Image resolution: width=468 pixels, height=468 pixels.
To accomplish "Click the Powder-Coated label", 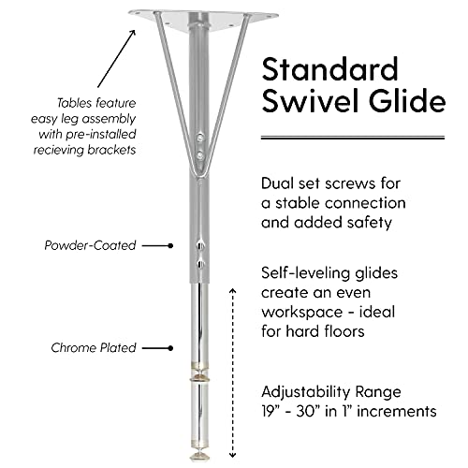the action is [90, 245].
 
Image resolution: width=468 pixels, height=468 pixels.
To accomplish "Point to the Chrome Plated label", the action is [94, 348].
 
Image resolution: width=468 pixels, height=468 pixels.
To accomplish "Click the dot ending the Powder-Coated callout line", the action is [170, 245].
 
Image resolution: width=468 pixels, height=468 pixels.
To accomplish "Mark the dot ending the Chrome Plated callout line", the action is [170, 348].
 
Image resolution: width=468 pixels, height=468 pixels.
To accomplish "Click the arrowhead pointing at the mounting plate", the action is [133, 32].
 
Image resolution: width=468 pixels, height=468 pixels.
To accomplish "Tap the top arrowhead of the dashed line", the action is [233, 291].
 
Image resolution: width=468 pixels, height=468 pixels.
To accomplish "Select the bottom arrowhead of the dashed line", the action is [233, 455].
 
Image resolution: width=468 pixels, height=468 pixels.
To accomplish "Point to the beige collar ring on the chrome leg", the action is [199, 378].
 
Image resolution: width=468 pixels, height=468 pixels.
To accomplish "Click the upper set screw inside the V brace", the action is [200, 137].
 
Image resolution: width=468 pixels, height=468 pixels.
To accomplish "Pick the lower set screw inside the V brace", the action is [200, 154].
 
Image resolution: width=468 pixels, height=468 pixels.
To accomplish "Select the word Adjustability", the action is [302, 392].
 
